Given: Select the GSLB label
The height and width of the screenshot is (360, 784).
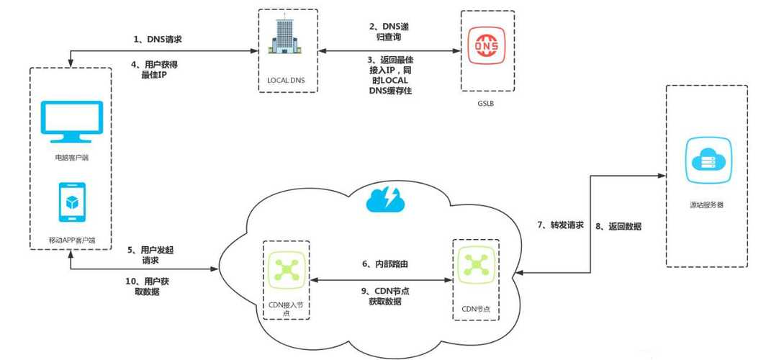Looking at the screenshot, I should pos(487,104).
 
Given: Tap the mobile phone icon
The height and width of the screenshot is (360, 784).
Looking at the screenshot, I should pos(71,202).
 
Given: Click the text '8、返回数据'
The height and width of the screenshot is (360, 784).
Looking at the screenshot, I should pos(618,226).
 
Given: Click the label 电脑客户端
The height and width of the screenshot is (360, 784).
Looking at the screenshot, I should pos(71,156).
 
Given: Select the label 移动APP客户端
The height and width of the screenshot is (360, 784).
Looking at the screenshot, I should pos(71,238).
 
